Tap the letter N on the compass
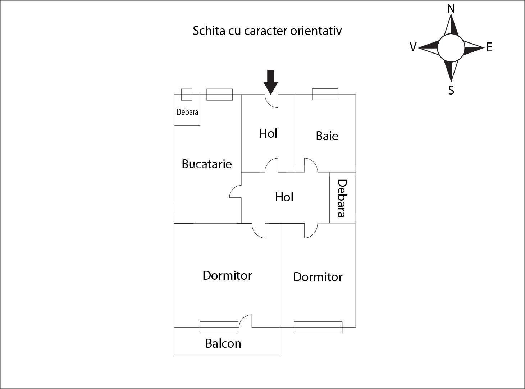pos(451,8)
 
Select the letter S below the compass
pos(451,90)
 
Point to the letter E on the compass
pos(489,47)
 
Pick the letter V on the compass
pos(413,47)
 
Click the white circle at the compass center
pos(451,48)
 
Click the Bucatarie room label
pos(206,164)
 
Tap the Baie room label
pos(327,136)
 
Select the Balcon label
pos(223,343)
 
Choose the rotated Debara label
pos(342,198)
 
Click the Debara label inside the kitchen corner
pos(187,112)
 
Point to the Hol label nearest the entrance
pos(268,133)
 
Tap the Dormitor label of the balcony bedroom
pos(227,275)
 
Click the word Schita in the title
pos(209,31)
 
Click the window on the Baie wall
pos(325,94)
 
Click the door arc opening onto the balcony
pos(245,320)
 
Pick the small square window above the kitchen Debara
pos(187,95)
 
